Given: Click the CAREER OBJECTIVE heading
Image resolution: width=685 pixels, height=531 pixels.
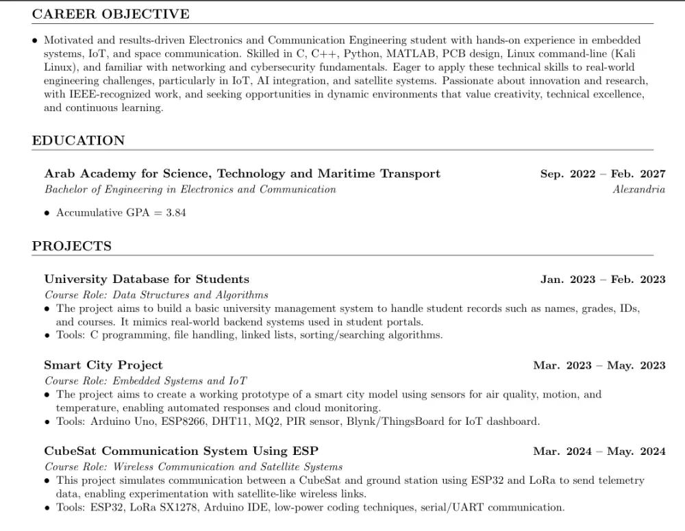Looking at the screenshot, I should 111,14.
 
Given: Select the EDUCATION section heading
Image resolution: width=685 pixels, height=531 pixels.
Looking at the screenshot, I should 78,140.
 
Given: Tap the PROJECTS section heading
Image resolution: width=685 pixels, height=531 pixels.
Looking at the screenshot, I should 71,246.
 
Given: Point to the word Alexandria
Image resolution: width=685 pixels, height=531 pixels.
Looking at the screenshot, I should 638,189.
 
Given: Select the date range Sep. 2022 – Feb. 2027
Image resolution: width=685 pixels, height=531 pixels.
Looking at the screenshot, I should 603,174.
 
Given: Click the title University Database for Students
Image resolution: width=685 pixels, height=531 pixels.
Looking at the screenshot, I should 147,279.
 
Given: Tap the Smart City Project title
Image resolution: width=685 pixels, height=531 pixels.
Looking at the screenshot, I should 103,365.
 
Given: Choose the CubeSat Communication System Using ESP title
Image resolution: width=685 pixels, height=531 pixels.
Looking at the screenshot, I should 181,451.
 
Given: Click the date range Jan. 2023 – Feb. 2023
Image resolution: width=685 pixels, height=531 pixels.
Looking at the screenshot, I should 603,280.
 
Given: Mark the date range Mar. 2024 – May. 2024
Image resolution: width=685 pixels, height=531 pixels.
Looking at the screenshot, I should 599,452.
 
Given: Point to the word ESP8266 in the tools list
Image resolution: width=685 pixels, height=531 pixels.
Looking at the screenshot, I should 186,421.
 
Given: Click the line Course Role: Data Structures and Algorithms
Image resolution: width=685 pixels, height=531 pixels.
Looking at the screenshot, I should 156,295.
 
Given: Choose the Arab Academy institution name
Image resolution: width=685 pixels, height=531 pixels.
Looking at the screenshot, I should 242,174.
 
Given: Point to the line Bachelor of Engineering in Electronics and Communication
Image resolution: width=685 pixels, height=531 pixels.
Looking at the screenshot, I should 190,189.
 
